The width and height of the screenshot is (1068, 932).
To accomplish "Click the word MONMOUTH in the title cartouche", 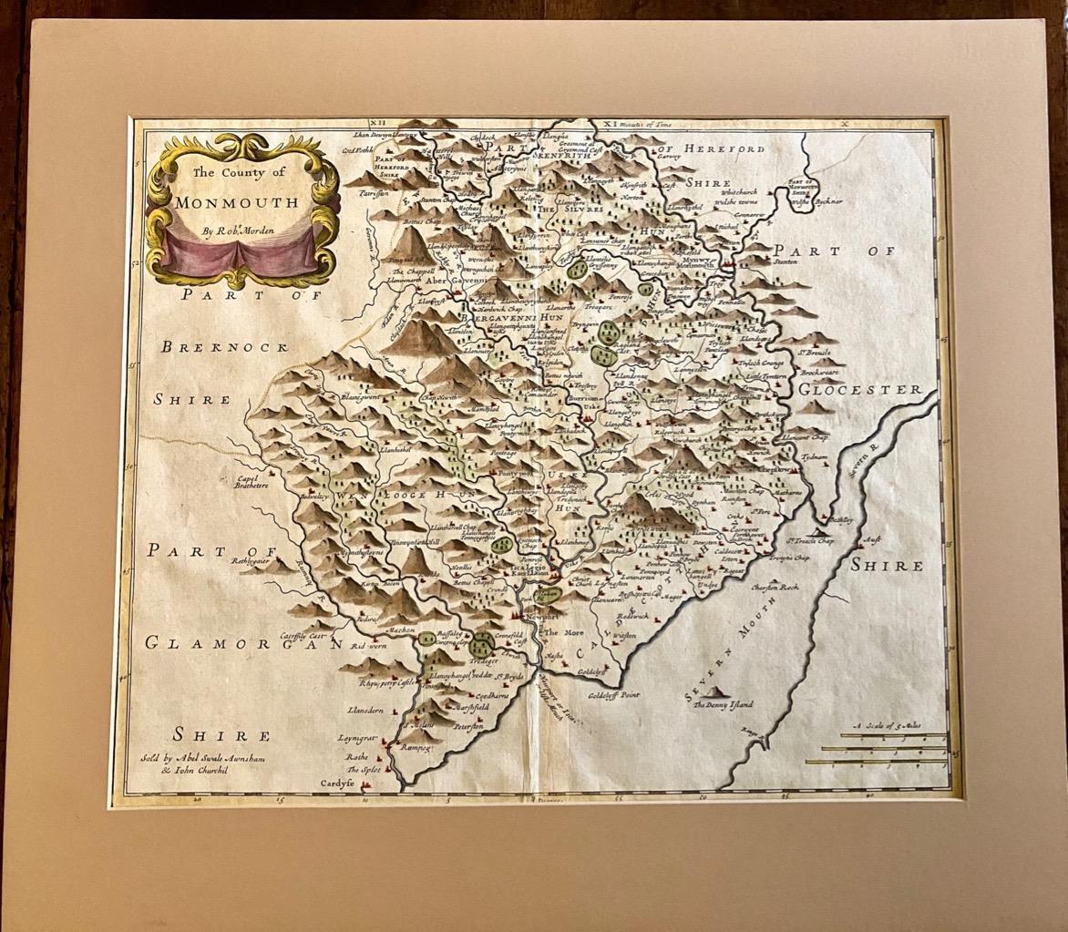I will point(239,202).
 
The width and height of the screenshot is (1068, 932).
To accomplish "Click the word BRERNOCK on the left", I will point(226,346).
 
